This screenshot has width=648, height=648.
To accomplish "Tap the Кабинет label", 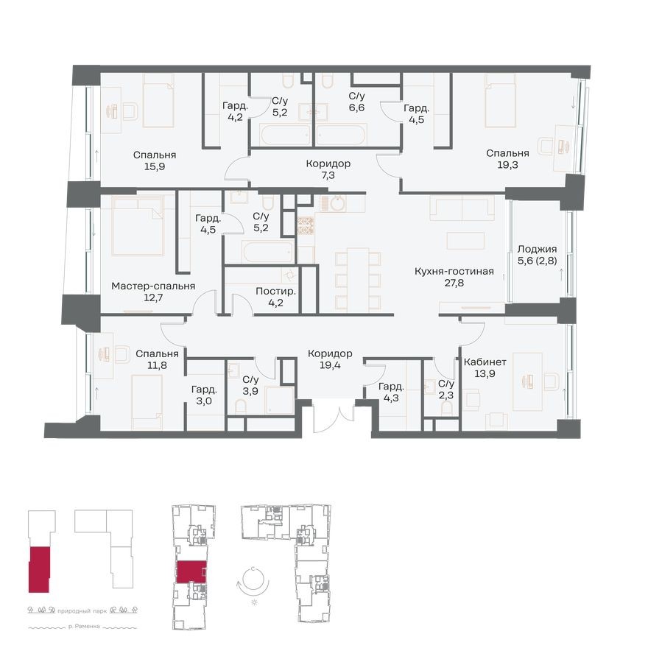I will [485, 362].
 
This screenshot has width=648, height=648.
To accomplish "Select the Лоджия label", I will [537, 249].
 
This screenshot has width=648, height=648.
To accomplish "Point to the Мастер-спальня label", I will [153, 286].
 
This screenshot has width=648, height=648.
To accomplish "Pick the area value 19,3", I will [507, 166].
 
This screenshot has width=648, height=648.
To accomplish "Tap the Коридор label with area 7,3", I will [328, 163].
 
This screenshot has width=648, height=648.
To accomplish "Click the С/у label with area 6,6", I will [356, 96].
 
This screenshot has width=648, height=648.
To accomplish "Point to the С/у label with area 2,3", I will [445, 384].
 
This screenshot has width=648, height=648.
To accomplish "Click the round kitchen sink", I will [337, 203].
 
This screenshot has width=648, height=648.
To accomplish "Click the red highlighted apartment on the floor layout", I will [191, 571].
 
